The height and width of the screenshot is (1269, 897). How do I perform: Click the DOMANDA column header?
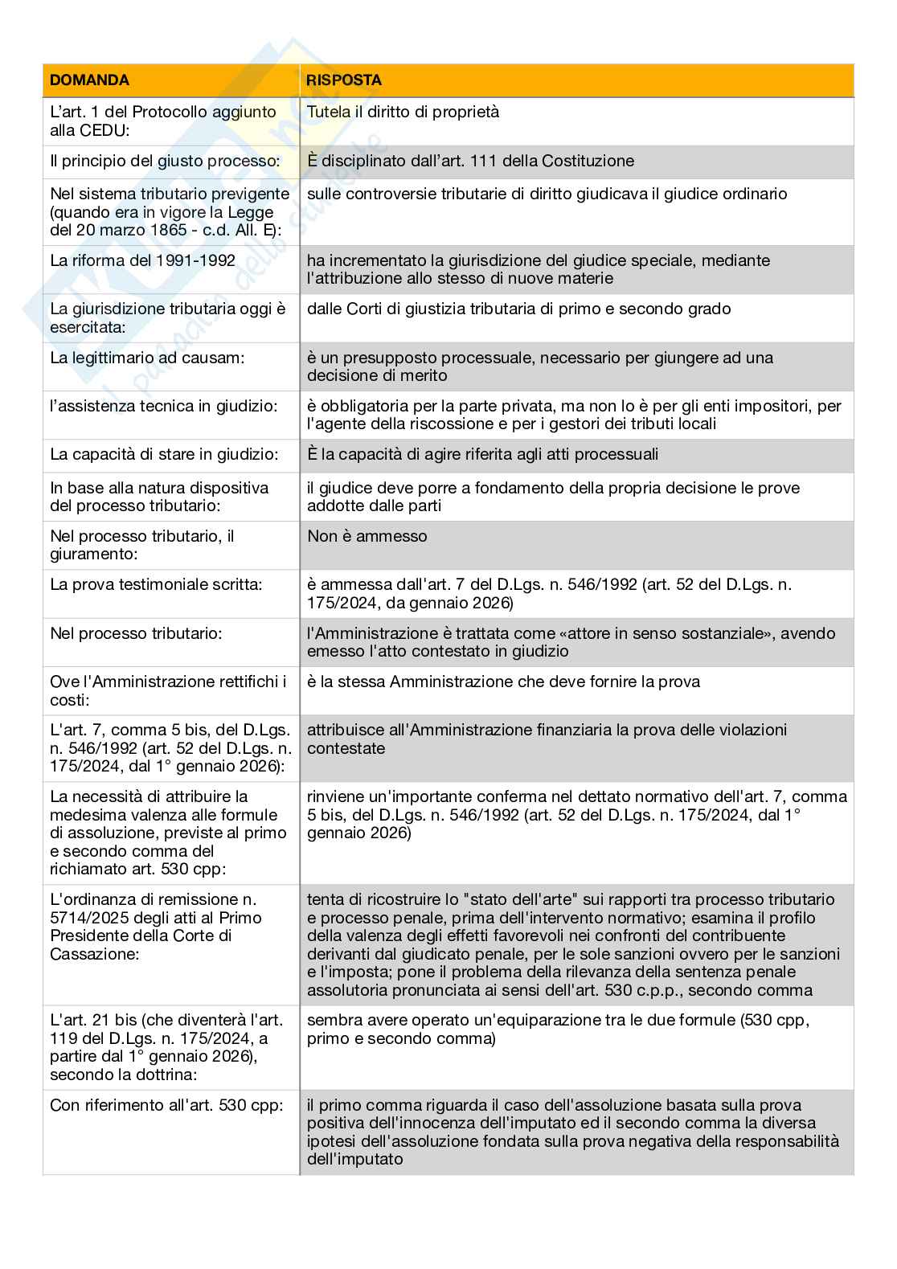click(89, 80)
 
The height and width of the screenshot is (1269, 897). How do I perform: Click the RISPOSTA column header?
click(344, 80)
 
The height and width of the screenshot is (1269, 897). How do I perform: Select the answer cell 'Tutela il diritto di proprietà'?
click(403, 113)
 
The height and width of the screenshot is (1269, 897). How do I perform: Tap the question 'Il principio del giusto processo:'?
click(165, 162)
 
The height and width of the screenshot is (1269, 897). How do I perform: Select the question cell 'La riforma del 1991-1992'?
click(142, 260)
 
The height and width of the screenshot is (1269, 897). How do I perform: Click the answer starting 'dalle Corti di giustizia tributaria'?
click(518, 309)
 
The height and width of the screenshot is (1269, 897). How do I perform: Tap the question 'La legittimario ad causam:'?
click(147, 358)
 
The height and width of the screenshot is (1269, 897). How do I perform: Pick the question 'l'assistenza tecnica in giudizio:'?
click(163, 407)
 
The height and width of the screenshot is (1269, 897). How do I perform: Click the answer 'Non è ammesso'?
click(367, 537)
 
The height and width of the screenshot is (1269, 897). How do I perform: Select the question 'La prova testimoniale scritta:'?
click(156, 585)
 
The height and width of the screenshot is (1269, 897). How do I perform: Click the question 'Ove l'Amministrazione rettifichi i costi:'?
click(168, 690)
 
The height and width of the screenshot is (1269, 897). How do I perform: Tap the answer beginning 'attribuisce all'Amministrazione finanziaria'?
click(547, 739)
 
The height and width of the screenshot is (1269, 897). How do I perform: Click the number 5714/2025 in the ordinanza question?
click(90, 918)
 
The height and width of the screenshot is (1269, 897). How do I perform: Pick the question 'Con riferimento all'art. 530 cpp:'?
click(166, 1106)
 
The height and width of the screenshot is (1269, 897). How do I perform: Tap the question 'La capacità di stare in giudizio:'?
click(164, 455)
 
